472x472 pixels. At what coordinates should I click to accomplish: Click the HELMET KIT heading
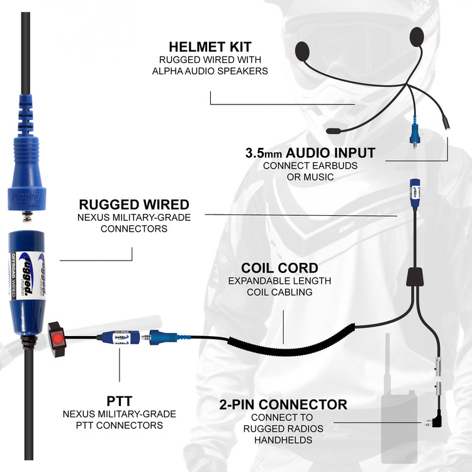(210, 47)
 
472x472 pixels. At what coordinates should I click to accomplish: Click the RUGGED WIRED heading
(134, 204)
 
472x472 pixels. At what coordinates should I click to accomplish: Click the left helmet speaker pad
(303, 50)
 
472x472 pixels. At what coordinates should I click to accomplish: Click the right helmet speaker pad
(416, 36)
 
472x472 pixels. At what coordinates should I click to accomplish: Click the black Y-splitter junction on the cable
(414, 276)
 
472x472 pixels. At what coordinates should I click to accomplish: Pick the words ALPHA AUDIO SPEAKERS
(210, 71)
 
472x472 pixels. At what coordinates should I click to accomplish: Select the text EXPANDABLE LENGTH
(279, 281)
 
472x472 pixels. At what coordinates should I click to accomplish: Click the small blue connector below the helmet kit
(415, 135)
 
